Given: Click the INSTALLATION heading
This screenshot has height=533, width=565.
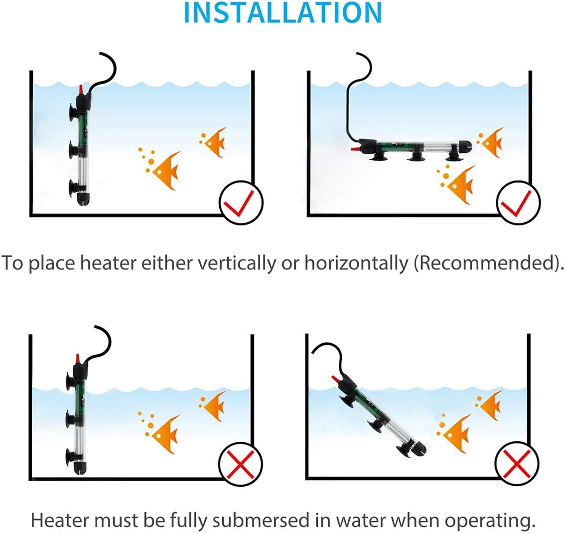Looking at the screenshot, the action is coord(282,13).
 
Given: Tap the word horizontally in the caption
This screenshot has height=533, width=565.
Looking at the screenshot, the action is coord(356,263).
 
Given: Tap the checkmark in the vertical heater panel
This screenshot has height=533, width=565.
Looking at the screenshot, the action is coord(241,203).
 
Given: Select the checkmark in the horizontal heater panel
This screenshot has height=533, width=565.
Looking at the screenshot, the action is coord(518,203).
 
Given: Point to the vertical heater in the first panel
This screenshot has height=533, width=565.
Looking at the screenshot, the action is coord(79,149).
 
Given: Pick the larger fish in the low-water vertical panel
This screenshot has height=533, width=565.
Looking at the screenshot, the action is coord(165,432).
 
